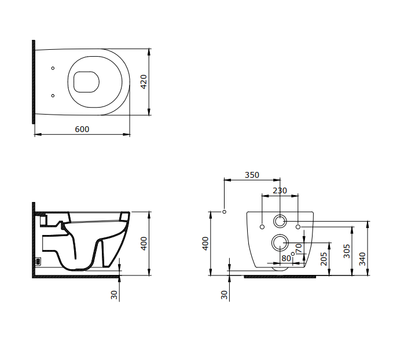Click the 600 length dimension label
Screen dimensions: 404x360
82,129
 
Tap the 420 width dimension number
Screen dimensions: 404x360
144,82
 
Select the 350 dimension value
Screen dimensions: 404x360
252,175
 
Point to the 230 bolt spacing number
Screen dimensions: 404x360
280,190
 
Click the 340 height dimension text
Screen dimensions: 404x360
362,259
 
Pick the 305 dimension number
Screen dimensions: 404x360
347,251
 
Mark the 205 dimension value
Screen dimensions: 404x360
324,259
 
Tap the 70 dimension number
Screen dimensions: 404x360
298,248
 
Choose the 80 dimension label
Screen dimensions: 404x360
286,258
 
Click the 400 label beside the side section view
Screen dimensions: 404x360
144,243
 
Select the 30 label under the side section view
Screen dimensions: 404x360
114,295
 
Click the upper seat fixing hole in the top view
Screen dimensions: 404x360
53,68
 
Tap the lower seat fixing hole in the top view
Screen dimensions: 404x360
53,95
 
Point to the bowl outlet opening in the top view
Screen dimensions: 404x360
86,82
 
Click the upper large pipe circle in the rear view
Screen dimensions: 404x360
280,215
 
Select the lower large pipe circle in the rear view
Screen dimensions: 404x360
280,234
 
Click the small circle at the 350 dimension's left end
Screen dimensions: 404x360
224,212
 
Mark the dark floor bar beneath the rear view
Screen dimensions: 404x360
280,277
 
